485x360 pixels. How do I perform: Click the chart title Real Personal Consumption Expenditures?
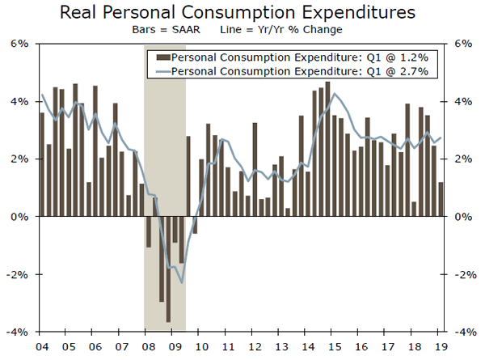point(242,14)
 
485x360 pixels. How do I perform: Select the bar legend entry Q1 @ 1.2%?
point(306,58)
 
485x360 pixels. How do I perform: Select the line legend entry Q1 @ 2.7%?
point(306,72)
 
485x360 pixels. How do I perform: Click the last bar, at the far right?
point(441,200)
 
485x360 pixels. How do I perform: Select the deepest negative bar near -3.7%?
point(169,269)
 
